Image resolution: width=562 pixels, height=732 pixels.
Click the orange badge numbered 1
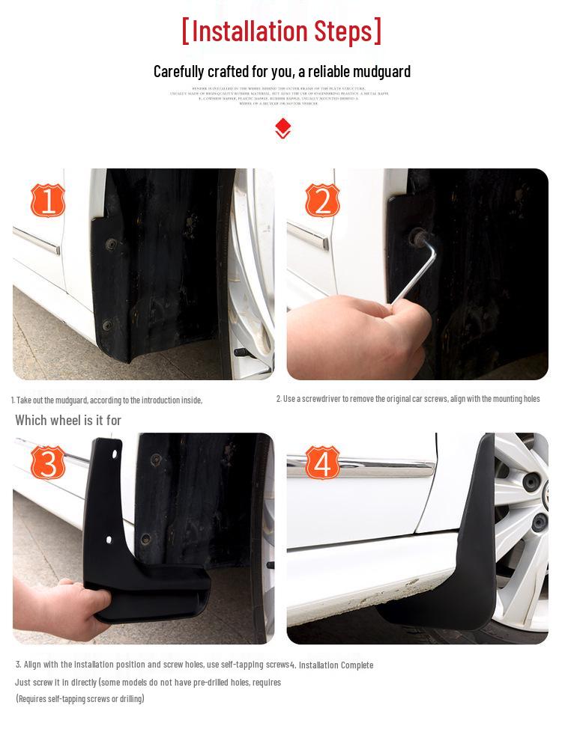click(x=47, y=201)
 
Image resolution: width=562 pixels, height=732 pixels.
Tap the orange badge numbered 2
click(x=322, y=201)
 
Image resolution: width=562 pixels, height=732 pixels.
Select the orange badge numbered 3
click(x=47, y=463)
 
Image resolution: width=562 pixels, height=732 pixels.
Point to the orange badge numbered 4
click(x=322, y=463)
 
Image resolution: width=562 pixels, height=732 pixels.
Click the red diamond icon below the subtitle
click(x=282, y=128)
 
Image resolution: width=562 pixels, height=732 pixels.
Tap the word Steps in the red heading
click(x=342, y=31)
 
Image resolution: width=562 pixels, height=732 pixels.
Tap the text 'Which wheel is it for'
click(x=68, y=420)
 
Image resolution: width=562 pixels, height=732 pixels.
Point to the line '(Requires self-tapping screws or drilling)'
click(x=80, y=698)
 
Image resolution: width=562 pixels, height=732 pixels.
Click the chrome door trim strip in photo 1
click(x=37, y=241)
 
